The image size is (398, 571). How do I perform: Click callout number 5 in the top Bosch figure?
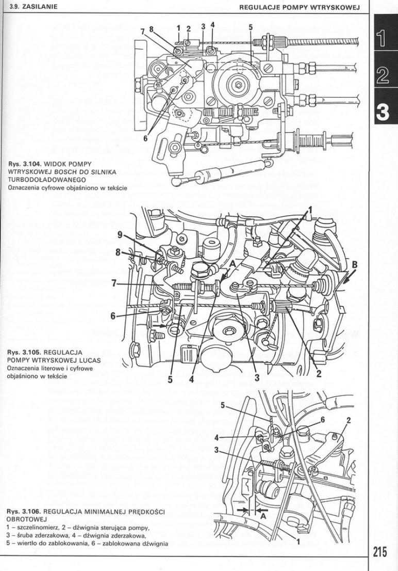pyautogui.click(x=251, y=27)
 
